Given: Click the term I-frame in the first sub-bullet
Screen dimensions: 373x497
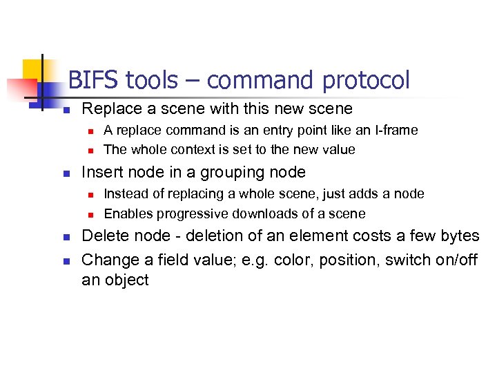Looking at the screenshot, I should click(394, 130).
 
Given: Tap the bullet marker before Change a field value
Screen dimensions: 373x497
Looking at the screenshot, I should click(67, 258).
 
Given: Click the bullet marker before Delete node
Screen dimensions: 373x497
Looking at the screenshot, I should click(67, 236).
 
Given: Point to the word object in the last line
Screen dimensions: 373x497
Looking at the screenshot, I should click(126, 280).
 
